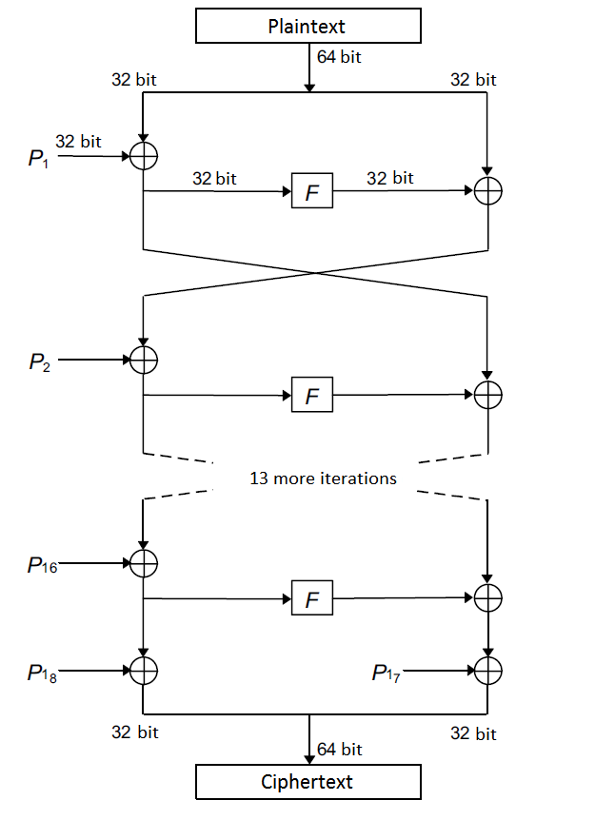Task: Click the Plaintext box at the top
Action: tap(307, 27)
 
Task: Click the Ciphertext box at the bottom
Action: tap(307, 782)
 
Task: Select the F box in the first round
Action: tap(312, 192)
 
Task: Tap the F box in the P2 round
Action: tap(312, 395)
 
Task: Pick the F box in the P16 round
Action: tap(312, 598)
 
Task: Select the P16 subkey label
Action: tap(43, 565)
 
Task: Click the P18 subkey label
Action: tap(43, 673)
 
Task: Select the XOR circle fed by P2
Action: tap(143, 361)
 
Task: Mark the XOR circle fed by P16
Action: tap(143, 563)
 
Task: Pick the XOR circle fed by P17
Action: tap(487, 672)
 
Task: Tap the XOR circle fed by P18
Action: tap(143, 671)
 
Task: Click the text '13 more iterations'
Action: tap(323, 478)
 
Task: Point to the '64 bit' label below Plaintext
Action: tap(339, 57)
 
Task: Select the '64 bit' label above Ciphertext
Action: tap(340, 749)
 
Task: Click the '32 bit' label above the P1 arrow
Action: tap(78, 142)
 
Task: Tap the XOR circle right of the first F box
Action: tap(487, 191)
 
